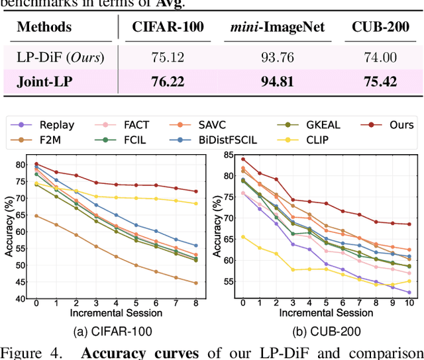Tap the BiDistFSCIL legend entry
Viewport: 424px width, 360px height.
[x=237, y=140]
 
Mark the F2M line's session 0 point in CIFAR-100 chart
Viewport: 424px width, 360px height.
[x=36, y=216]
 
